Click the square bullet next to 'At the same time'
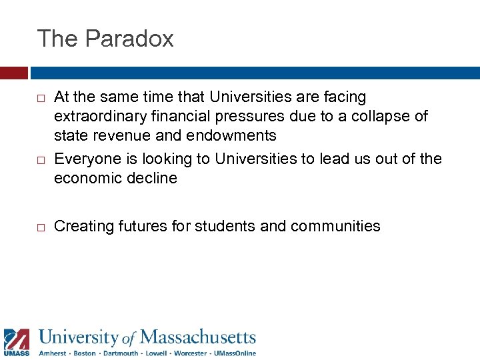point(41,99)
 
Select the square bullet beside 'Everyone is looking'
point(41,159)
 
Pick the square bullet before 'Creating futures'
point(41,227)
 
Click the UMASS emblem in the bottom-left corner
point(16,341)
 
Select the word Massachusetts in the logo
point(198,337)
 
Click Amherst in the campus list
point(53,353)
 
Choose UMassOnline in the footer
point(235,353)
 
